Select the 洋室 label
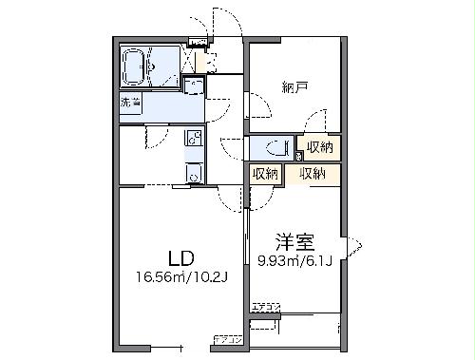click(295, 240)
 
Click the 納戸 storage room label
click(294, 87)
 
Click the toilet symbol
click(275, 148)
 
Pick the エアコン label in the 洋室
click(266, 307)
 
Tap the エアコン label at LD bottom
click(228, 339)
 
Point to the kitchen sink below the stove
click(194, 173)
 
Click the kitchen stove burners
click(193, 138)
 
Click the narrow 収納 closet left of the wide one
click(265, 173)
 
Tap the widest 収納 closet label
click(313, 173)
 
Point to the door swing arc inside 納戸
click(314, 122)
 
